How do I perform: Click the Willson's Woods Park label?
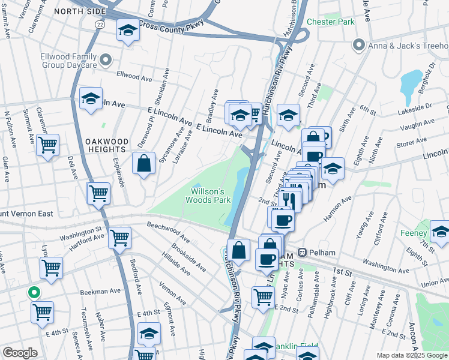[211, 196]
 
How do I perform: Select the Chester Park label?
[331, 22]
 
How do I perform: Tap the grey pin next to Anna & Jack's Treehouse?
[359, 44]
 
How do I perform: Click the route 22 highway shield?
[100, 23]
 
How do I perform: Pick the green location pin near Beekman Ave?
[34, 293]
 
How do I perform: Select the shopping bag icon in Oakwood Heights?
[145, 164]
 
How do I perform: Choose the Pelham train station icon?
[304, 253]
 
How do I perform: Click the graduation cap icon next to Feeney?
[440, 232]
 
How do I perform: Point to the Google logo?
[20, 353]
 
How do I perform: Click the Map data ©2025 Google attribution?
[412, 355]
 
